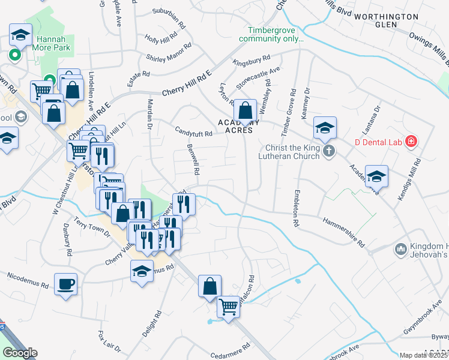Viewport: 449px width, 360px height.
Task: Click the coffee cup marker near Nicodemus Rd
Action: click(x=65, y=284)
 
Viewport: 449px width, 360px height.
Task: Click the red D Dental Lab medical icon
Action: click(x=411, y=142)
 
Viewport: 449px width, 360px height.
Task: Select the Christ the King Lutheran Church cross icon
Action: click(x=328, y=150)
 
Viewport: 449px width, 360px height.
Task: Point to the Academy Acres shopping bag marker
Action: click(x=245, y=110)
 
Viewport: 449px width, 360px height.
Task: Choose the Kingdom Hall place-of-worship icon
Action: click(x=400, y=248)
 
